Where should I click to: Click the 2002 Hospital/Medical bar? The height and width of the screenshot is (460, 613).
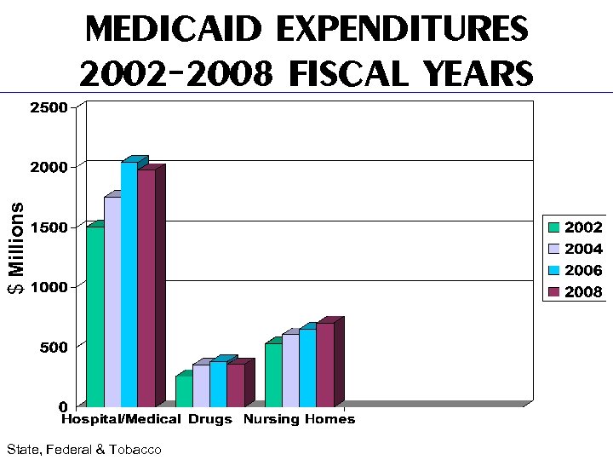[x=95, y=315]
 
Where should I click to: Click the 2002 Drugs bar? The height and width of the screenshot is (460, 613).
[x=184, y=391]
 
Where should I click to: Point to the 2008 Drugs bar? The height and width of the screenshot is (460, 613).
[x=235, y=385]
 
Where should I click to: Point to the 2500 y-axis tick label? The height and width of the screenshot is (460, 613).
[x=47, y=107]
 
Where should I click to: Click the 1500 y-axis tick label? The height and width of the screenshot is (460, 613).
[x=47, y=227]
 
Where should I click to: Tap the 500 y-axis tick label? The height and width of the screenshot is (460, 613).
[x=51, y=348]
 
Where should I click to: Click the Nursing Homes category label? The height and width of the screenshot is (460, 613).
[x=299, y=419]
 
